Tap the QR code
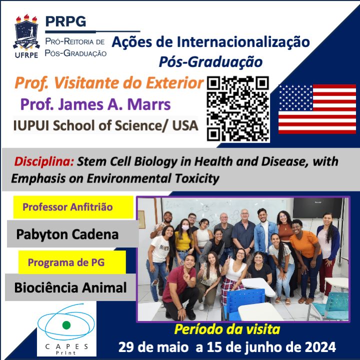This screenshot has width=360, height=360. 238,108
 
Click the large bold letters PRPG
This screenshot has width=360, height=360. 65,21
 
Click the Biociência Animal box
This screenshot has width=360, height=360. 70,287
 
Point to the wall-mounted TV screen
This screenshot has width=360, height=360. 317,207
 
